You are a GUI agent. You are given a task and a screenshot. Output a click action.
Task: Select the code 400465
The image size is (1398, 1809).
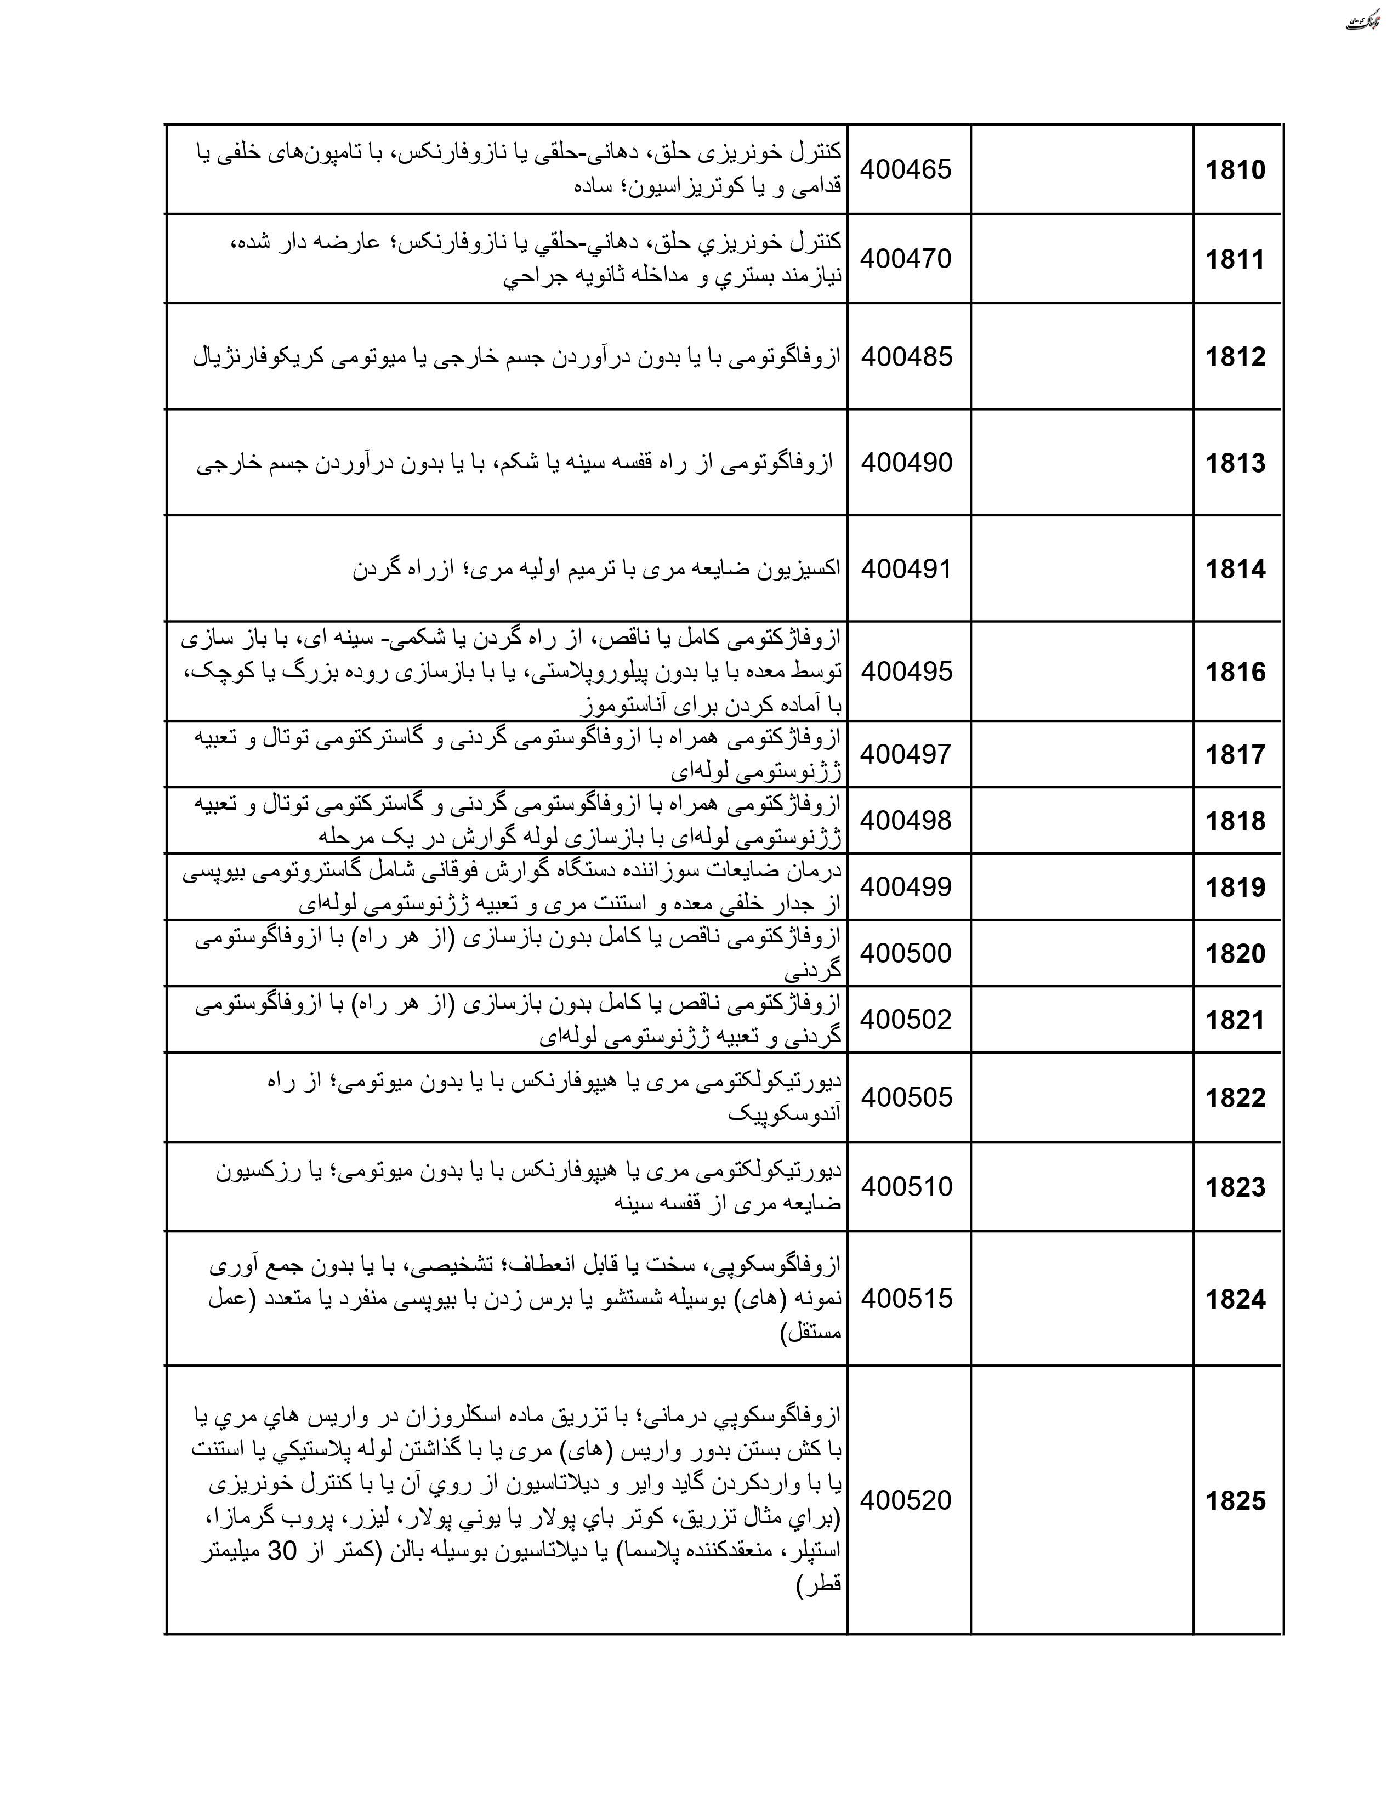click(906, 170)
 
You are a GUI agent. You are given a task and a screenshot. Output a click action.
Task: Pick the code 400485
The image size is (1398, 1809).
click(906, 357)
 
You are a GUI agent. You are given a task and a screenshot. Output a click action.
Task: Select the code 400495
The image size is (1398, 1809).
click(906, 671)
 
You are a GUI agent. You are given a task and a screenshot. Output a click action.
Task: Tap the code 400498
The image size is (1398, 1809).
click(906, 821)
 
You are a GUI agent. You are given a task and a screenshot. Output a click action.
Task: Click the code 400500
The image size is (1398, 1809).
click(906, 953)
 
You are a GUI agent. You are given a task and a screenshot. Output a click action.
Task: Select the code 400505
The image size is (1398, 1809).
click(906, 1097)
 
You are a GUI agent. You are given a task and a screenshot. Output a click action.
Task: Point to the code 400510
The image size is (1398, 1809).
click(906, 1187)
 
